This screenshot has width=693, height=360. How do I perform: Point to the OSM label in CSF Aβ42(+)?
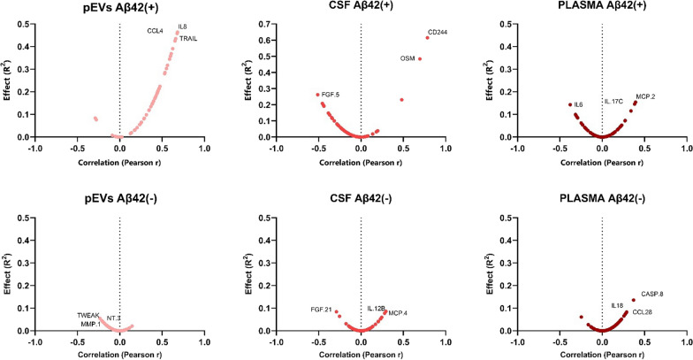pyautogui.click(x=407, y=58)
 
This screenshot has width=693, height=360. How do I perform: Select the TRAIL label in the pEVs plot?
pyautogui.click(x=188, y=39)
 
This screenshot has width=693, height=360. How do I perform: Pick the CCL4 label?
pyautogui.click(x=156, y=31)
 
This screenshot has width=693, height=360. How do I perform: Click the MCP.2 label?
pyautogui.click(x=645, y=96)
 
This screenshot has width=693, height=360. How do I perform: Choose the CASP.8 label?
pyautogui.click(x=651, y=294)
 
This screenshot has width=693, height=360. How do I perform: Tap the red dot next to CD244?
pyautogui.click(x=427, y=37)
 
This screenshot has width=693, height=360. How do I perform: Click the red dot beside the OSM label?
pyautogui.click(x=420, y=58)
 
